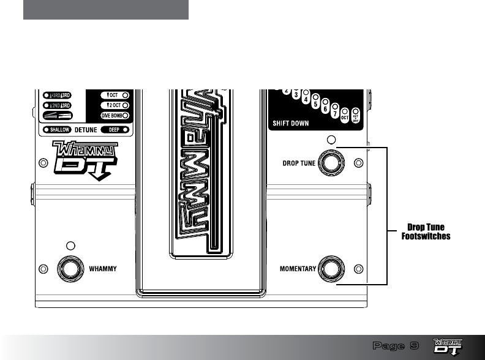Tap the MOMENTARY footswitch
click(x=331, y=268)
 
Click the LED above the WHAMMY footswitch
click(x=70, y=246)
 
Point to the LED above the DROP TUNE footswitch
click(x=331, y=140)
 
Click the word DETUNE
click(x=86, y=130)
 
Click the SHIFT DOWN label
click(x=291, y=122)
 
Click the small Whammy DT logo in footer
click(x=448, y=346)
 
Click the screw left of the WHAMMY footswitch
click(x=42, y=268)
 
